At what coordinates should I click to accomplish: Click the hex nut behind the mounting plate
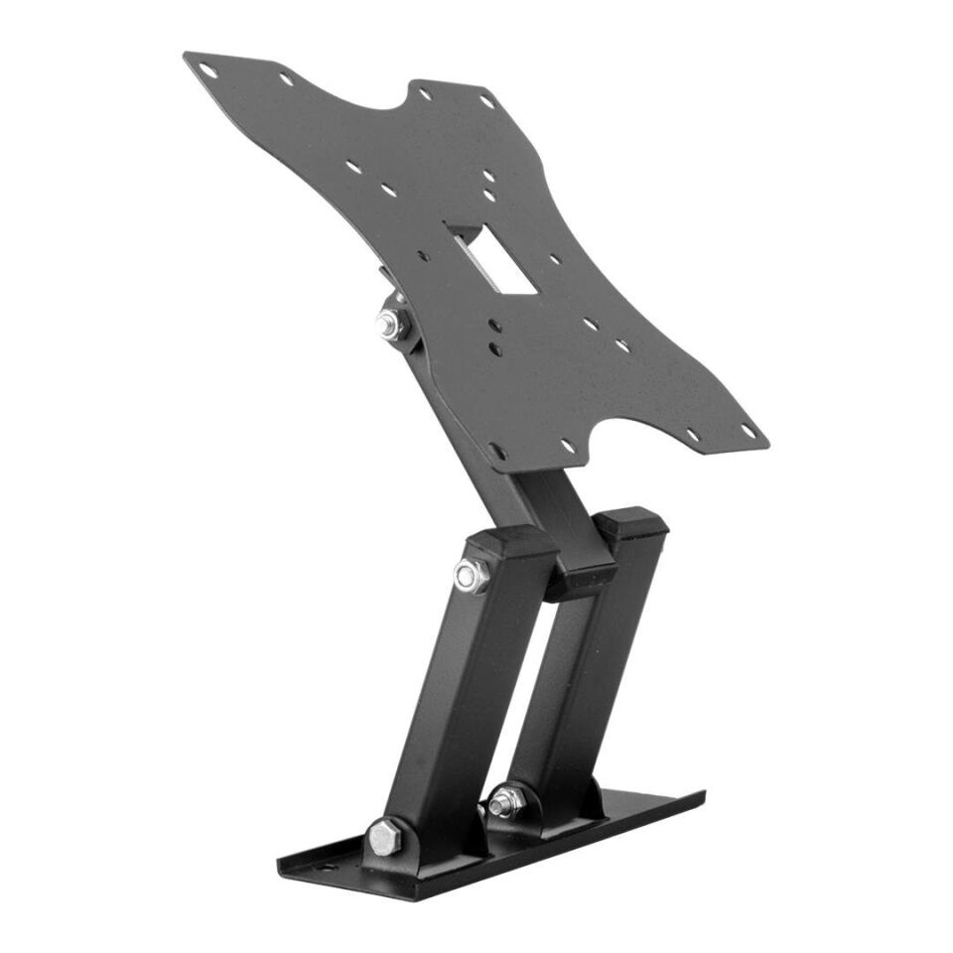click(389, 324)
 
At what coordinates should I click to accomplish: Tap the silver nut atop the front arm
click(470, 576)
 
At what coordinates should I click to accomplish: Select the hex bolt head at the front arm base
click(385, 837)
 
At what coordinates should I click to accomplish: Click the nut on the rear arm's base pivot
click(507, 800)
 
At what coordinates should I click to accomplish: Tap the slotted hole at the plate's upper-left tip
click(207, 69)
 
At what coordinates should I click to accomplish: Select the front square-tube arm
click(467, 695)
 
